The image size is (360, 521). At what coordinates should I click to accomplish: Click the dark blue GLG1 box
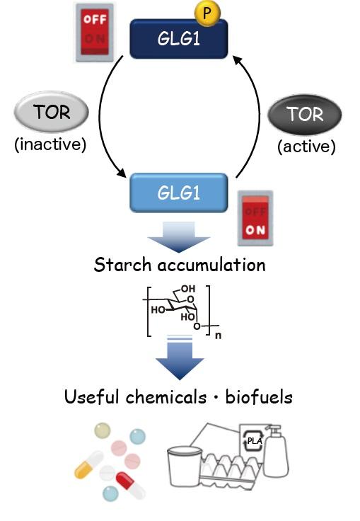click(178, 38)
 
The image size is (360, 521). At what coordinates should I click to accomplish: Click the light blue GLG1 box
click(178, 192)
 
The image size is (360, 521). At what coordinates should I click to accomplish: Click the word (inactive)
click(50, 145)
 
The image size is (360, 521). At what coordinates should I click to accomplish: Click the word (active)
click(306, 147)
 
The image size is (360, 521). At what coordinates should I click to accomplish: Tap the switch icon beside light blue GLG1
click(255, 217)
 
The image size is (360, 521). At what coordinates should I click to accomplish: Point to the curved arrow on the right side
click(252, 117)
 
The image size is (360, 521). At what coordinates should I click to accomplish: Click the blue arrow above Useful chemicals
click(179, 360)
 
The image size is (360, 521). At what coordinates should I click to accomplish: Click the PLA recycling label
click(253, 442)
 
